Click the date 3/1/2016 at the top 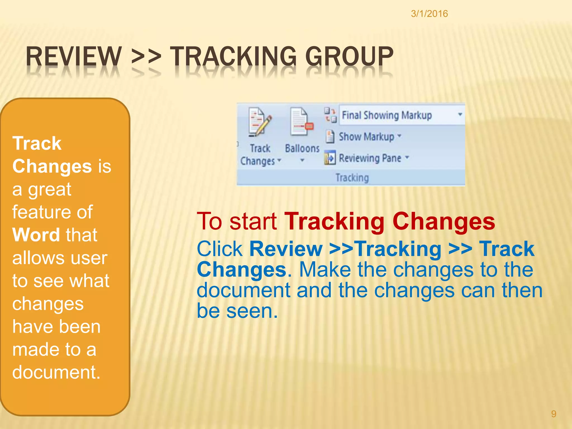click(429, 14)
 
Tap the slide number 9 click(554, 414)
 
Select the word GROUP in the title click(349, 56)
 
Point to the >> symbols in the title click(146, 56)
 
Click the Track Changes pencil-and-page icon click(259, 122)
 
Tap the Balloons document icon click(301, 122)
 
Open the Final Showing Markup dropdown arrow click(460, 115)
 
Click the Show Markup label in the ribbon click(366, 137)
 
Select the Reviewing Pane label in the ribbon click(370, 158)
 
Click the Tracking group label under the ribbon click(352, 178)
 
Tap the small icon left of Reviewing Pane click(330, 158)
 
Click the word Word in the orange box click(36, 235)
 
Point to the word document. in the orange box click(56, 372)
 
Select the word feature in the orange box click(40, 212)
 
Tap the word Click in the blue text click(220, 249)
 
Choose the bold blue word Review click(286, 249)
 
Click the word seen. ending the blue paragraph click(252, 311)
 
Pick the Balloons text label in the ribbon click(302, 149)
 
